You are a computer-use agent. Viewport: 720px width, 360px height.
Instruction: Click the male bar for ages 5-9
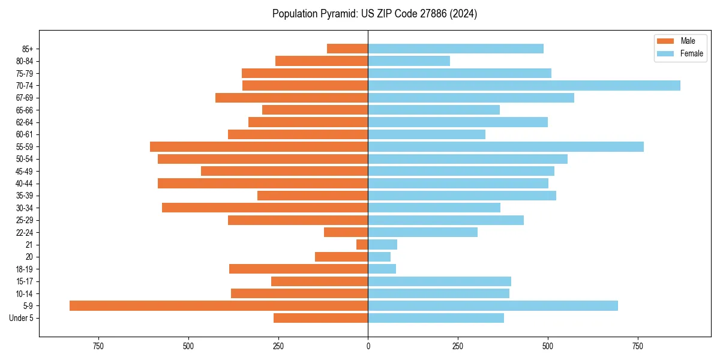click(218, 305)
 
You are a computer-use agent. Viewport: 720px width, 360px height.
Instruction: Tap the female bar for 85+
click(455, 49)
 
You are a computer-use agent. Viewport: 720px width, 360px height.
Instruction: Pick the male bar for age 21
click(362, 244)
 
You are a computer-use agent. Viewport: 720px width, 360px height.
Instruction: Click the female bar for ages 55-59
click(506, 146)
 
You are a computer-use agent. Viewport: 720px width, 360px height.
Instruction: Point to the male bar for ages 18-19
click(298, 269)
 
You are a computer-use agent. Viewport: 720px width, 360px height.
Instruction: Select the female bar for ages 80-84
click(409, 61)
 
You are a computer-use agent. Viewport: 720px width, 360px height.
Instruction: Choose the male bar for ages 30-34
click(265, 208)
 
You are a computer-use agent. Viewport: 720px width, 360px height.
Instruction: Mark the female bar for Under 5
click(436, 318)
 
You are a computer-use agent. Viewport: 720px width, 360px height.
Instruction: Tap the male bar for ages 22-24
click(346, 232)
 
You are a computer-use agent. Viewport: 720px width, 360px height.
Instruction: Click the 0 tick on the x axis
click(368, 346)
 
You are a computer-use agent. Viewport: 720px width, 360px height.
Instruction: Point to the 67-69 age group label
click(25, 98)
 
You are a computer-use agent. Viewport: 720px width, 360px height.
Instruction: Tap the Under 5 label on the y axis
click(22, 318)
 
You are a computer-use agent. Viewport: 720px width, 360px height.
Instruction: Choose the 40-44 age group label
click(25, 184)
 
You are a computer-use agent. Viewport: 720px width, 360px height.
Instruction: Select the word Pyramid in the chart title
click(337, 14)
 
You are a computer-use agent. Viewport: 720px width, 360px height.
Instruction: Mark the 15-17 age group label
click(25, 281)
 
